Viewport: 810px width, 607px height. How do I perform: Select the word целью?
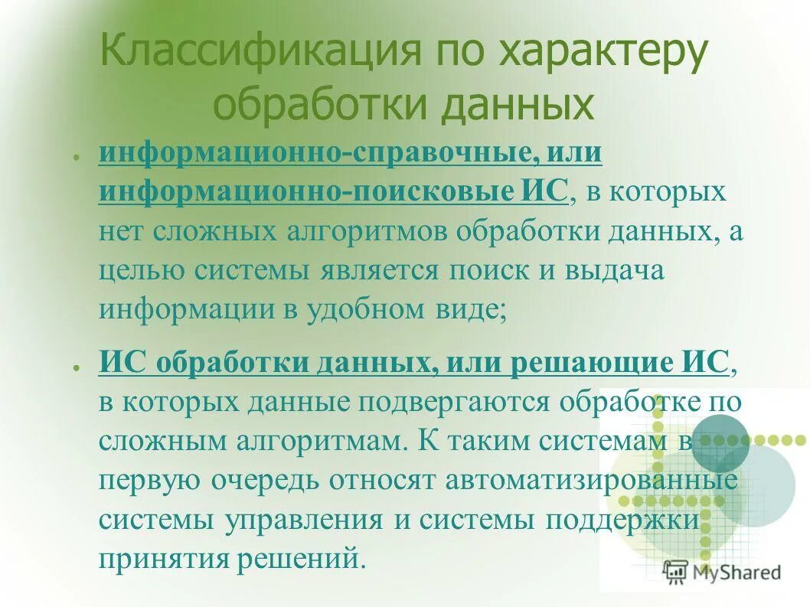pyautogui.click(x=142, y=270)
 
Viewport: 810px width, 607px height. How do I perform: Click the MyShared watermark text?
pyautogui.click(x=736, y=571)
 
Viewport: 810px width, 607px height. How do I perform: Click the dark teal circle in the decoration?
pyautogui.click(x=719, y=442)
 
